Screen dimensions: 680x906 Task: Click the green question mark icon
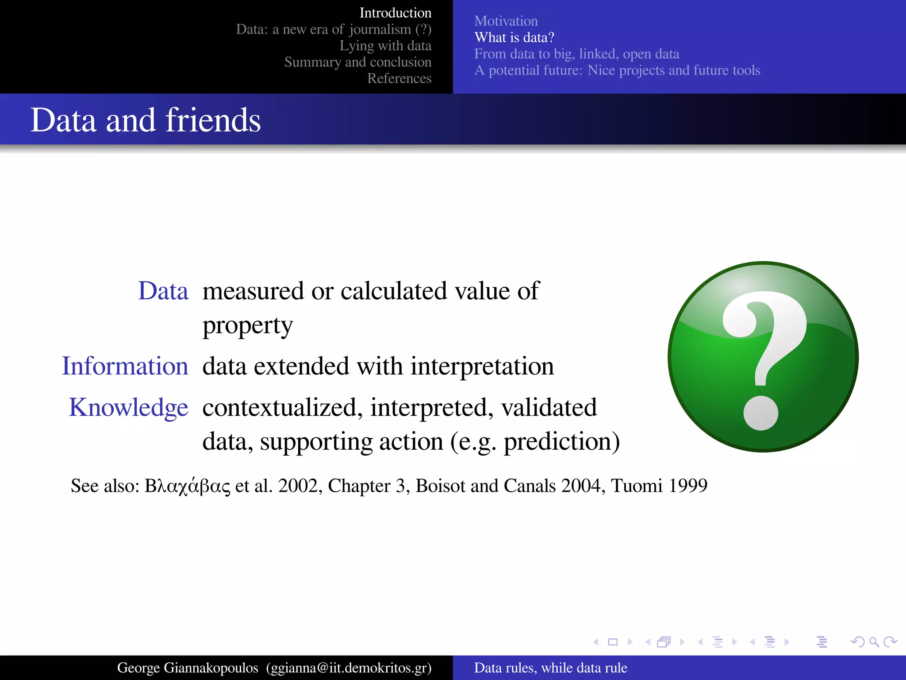click(763, 357)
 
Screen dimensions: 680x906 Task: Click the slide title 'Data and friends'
click(146, 120)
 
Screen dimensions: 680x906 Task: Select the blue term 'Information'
click(125, 366)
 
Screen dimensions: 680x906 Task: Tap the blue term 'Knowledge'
click(129, 407)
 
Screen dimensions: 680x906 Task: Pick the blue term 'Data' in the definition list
click(163, 291)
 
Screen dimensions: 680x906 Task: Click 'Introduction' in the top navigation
click(395, 13)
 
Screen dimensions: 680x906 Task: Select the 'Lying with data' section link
click(385, 46)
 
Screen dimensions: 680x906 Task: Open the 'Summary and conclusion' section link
click(357, 62)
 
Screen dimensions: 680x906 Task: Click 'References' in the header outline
click(399, 78)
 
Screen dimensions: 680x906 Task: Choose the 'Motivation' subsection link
click(506, 21)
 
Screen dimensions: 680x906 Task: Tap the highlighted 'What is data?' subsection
click(514, 38)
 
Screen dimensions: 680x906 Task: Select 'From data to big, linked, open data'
click(576, 54)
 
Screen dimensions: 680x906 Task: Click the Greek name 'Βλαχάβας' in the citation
click(188, 486)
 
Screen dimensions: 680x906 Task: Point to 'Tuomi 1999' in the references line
click(659, 486)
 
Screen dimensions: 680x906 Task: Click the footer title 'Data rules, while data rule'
click(550, 668)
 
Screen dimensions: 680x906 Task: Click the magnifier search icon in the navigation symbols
click(874, 642)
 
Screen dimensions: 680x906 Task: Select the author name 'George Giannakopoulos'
click(188, 668)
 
